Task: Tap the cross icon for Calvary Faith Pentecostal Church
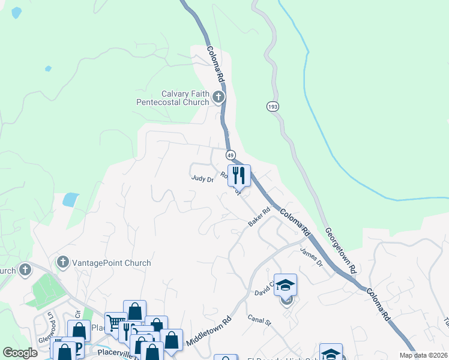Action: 219,97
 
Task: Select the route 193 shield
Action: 273,106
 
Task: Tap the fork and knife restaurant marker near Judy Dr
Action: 239,175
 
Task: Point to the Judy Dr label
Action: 202,178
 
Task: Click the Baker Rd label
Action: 259,217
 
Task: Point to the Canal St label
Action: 260,322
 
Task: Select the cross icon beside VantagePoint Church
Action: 62,262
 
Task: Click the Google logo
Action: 20,353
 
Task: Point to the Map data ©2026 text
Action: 423,355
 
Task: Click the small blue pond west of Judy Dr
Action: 70,199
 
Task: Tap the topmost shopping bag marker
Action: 134,310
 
